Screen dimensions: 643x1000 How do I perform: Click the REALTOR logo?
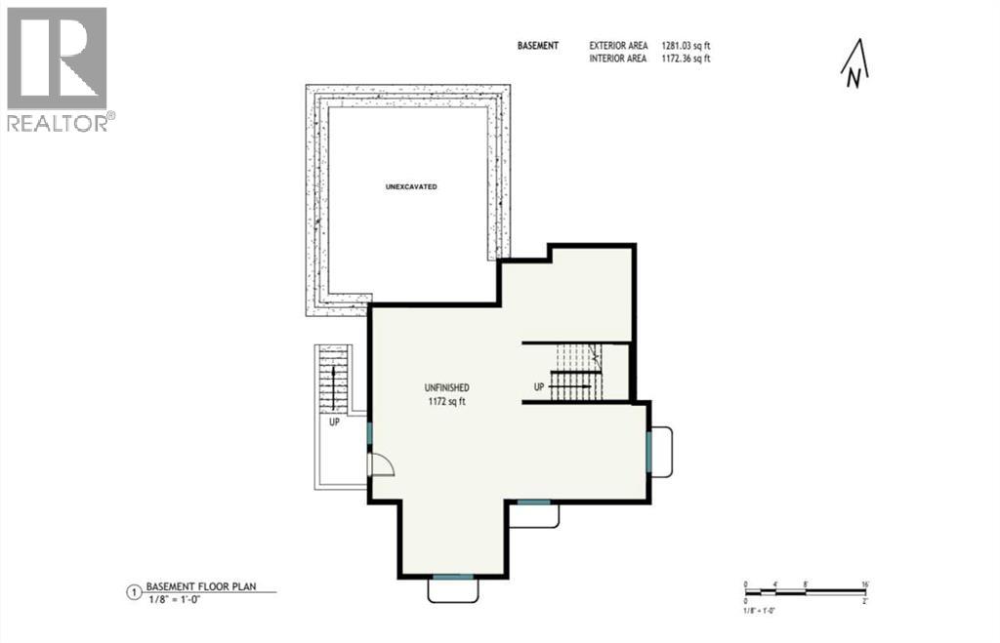pos(58,68)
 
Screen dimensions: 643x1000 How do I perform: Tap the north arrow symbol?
pos(854,65)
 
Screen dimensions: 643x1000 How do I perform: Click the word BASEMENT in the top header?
pos(538,46)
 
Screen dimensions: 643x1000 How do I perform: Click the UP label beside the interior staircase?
pos(538,387)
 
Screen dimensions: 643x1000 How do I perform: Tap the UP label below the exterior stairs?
pos(334,423)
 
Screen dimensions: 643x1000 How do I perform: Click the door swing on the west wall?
pos(381,464)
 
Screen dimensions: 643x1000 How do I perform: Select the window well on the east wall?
pos(660,452)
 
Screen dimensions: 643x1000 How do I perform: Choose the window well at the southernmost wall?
pos(452,588)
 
